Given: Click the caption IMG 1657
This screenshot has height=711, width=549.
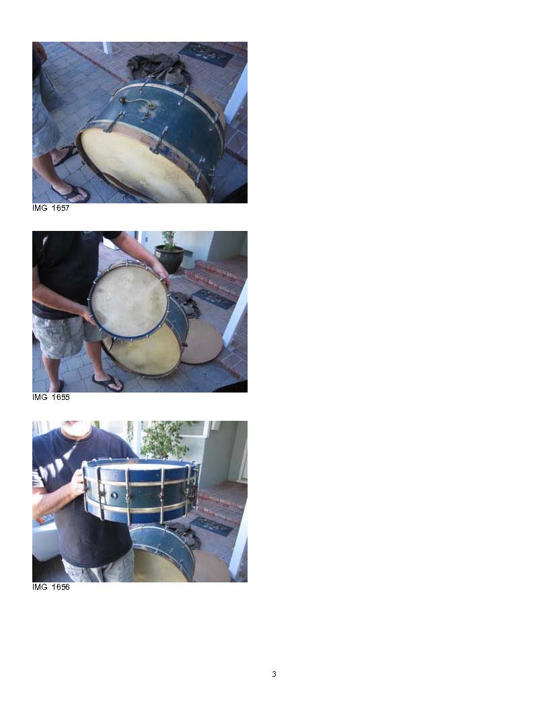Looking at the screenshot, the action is pos(50,208).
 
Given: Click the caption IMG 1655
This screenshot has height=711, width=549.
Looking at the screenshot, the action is pos(50,397).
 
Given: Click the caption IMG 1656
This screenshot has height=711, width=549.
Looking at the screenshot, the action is pos(50,586).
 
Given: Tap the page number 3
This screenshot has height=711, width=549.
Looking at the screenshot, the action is pos(274,674).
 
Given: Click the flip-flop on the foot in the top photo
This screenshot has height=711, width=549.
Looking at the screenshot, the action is pos(71,194).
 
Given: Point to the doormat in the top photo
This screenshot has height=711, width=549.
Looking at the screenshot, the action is pos(207,55).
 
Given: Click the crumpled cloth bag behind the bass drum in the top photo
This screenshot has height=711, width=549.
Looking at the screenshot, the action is pos(156,67).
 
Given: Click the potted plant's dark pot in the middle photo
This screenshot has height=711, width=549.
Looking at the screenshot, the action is pos(170,259).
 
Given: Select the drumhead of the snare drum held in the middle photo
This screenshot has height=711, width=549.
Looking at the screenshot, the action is pos(129,300).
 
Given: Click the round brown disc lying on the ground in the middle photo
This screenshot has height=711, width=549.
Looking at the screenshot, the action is pos(202,341).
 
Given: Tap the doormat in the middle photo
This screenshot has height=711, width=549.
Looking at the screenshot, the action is pos(214,299).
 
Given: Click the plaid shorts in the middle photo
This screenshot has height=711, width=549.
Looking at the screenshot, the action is pos(68,335).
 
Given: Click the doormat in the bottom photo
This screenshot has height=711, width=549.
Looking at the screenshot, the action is pos(212,526).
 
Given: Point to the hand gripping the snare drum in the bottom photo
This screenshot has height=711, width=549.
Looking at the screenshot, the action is pos(78,483).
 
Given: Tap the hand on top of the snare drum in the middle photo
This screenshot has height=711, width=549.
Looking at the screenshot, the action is pos(160,273).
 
